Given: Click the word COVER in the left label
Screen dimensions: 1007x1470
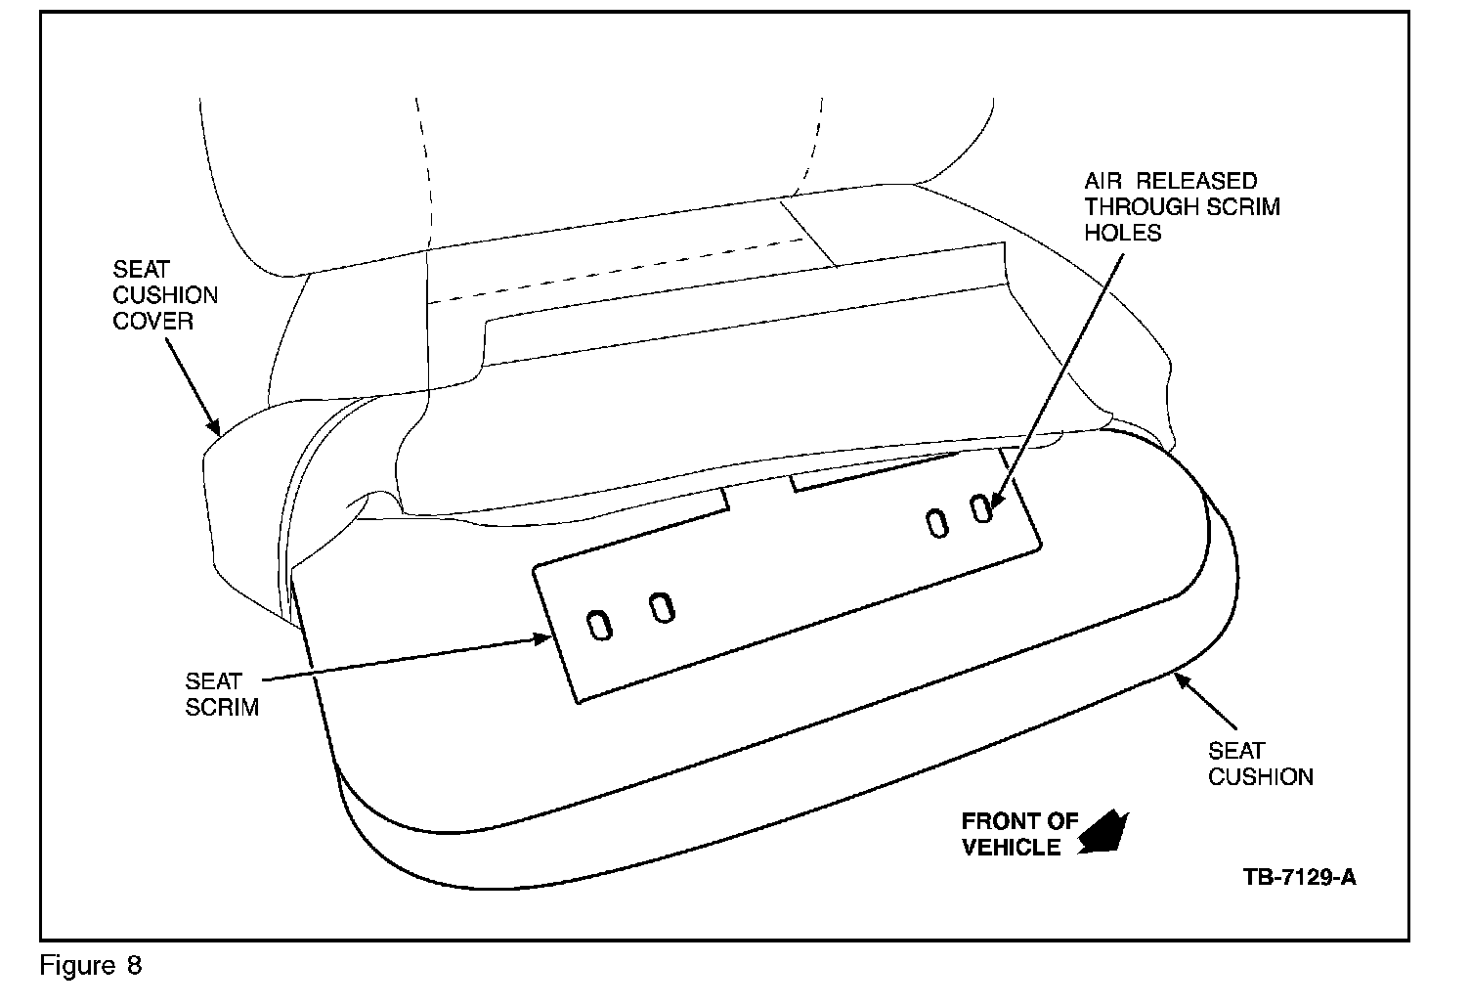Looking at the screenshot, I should click(x=152, y=321).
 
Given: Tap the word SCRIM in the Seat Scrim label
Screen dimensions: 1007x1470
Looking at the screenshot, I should click(x=222, y=706).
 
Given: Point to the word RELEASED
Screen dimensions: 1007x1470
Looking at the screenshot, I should click(x=1196, y=181).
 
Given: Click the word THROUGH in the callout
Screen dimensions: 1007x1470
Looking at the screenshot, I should click(x=1142, y=206).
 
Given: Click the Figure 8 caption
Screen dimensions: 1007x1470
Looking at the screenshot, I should click(x=91, y=966).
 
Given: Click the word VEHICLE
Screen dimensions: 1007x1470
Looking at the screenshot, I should click(x=1011, y=847).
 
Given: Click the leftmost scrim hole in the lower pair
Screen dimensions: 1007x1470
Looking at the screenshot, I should click(x=599, y=625).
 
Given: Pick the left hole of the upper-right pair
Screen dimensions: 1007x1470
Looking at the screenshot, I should click(x=936, y=524).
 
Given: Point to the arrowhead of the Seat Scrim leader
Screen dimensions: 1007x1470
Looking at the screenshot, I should click(x=541, y=639).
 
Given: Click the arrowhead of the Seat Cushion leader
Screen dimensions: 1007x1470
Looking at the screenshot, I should click(x=1181, y=681).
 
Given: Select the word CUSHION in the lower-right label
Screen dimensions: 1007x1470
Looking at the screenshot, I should click(x=1260, y=777).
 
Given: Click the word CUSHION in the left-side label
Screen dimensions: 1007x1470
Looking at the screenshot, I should click(x=165, y=294).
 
